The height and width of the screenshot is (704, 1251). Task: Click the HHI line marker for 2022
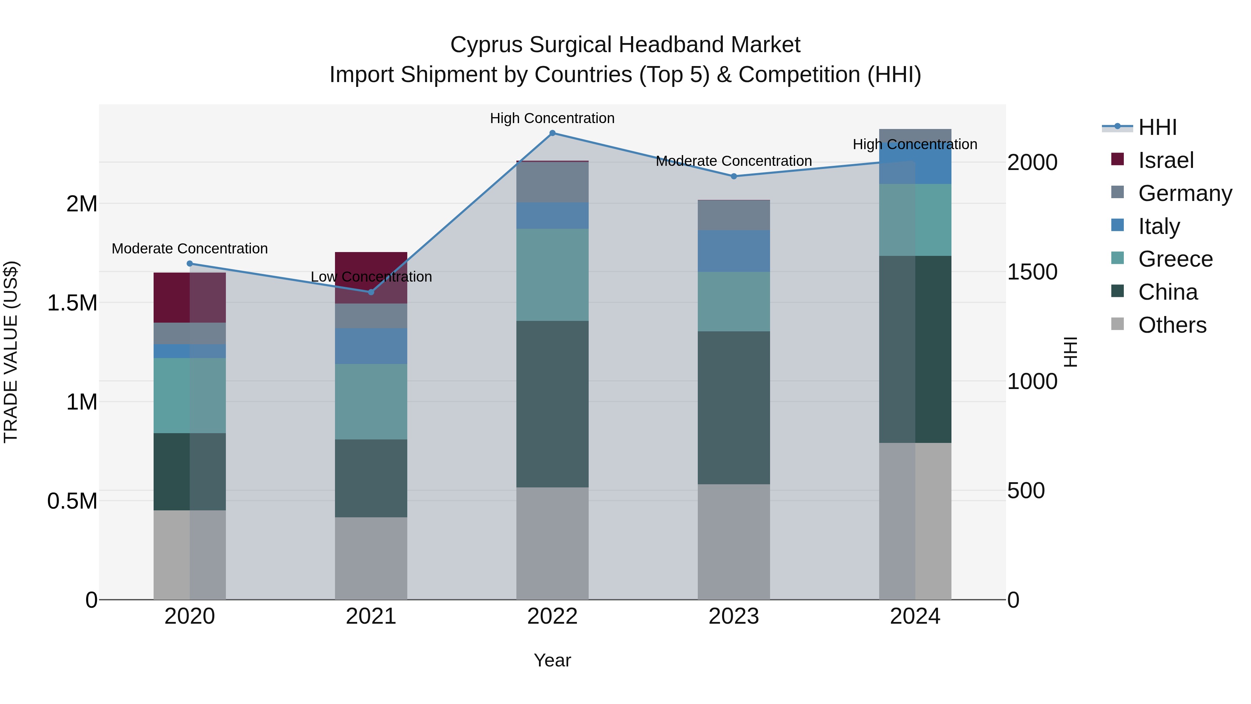tap(552, 133)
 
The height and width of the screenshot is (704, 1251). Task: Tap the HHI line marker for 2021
tap(371, 292)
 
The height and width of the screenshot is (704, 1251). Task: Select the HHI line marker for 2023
tap(734, 176)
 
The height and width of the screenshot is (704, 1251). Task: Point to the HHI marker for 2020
tap(190, 264)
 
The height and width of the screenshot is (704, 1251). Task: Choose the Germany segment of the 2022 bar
tap(552, 182)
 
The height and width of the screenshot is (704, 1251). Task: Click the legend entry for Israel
tap(1166, 160)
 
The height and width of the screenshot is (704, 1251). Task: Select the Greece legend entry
tap(1175, 259)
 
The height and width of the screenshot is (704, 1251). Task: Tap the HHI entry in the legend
tap(1157, 127)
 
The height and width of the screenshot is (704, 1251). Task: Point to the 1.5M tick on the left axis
tap(72, 303)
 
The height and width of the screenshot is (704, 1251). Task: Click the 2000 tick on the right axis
tap(1032, 162)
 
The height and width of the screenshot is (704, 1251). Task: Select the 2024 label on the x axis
tap(915, 616)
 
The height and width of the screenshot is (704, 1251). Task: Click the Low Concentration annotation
tap(371, 277)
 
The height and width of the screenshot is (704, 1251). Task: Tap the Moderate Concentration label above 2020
tap(190, 249)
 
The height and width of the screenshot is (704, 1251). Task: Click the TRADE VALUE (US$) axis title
tap(11, 352)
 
